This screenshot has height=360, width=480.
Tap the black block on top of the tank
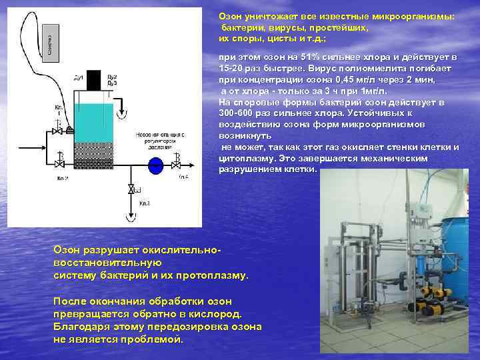[93, 79]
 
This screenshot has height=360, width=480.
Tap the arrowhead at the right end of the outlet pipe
[193, 163]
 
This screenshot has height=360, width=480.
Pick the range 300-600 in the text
[236, 113]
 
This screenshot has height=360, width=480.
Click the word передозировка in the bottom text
[156, 327]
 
